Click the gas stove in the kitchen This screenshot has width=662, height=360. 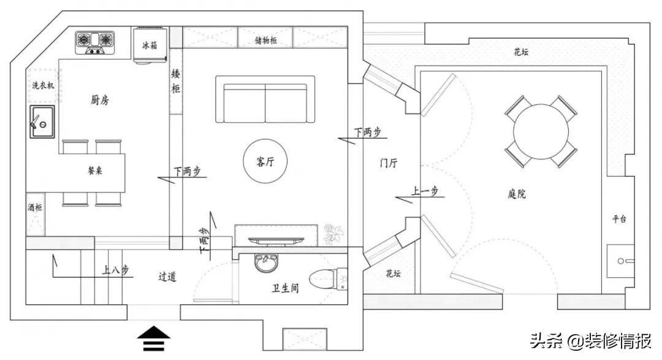pos(96,41)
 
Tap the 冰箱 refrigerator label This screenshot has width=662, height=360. pos(150,45)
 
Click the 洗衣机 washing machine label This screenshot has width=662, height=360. pos(43,86)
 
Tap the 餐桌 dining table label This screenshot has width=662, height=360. pos(95,171)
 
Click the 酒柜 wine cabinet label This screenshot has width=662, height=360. pos(35,208)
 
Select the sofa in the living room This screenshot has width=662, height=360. pos(265,99)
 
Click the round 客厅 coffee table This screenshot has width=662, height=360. pos(265,162)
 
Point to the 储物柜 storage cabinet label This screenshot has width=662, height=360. pos(265,40)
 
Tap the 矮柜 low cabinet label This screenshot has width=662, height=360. pos(176,82)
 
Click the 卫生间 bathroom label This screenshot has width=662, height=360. pos(285,288)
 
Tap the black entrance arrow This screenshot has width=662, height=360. pos(153,339)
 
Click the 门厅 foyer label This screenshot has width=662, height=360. pos(389,163)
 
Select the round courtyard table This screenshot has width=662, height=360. pos(541,131)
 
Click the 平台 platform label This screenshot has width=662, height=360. pos(619,218)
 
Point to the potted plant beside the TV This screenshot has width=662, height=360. pos(333,234)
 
